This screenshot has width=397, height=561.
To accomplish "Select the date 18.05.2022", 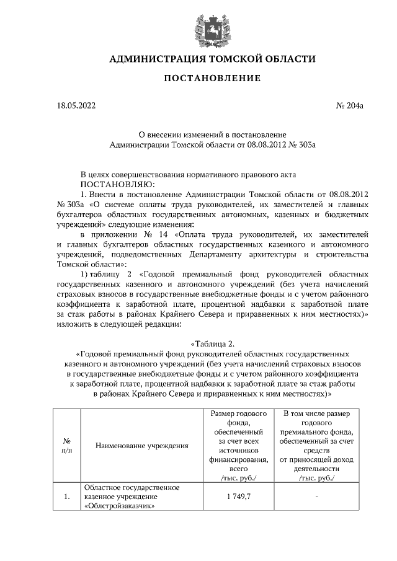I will [x=75, y=106].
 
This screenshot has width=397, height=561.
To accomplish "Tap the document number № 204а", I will [x=350, y=106].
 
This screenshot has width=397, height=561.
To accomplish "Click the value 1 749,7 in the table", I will [x=239, y=497].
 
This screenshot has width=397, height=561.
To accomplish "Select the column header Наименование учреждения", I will [x=142, y=445].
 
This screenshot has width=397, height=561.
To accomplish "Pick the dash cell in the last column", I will [x=316, y=497].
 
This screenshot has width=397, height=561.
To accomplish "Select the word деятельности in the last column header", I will [x=316, y=469].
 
